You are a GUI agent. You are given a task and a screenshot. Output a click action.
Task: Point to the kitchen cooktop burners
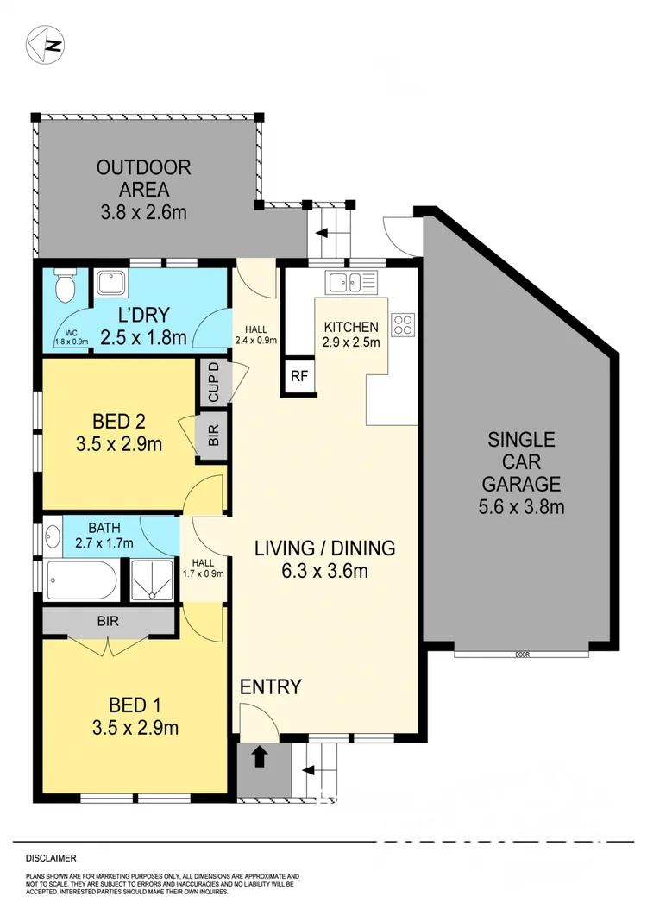(404, 324)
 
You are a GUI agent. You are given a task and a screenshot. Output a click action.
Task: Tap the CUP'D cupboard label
(213, 382)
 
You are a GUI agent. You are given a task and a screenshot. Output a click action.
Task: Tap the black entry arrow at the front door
(260, 757)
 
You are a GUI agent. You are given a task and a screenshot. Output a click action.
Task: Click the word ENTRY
(270, 687)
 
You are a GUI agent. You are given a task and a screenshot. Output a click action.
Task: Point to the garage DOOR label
(521, 655)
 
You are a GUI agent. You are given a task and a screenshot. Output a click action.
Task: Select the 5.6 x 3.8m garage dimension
(521, 506)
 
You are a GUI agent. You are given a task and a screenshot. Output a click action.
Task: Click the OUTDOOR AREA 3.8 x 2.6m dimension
(144, 212)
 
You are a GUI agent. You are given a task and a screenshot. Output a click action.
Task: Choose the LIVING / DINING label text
(324, 548)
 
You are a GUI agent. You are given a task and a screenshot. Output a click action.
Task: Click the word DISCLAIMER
(51, 859)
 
